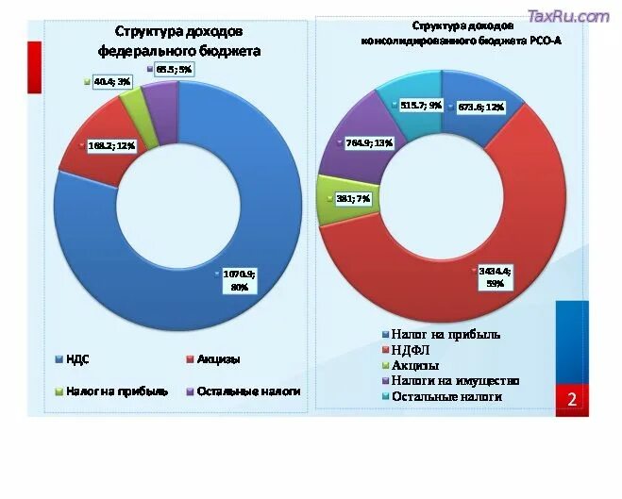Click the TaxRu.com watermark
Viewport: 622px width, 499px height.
pos(568,16)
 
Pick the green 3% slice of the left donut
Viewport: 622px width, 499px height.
pos(133,100)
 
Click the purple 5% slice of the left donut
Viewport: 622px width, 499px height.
pos(160,94)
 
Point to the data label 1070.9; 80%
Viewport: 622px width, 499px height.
pos(240,279)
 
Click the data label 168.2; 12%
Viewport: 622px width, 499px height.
pos(111,146)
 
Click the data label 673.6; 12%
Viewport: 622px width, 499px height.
pos(480,108)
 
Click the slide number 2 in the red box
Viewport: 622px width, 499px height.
pos(571,401)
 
